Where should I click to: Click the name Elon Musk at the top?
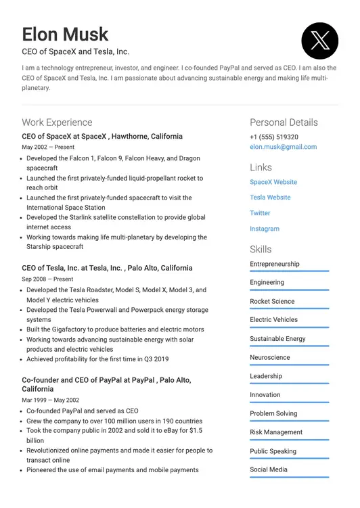pos(65,34)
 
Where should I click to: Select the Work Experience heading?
pos(57,122)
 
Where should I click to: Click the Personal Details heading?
pos(284,122)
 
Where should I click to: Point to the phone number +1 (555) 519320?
pos(273,137)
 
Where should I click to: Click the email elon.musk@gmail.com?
pos(283,147)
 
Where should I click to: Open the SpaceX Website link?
pos(273,182)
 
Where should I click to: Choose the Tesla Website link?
pos(270,198)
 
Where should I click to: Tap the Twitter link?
pos(260,213)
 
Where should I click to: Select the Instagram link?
pos(265,229)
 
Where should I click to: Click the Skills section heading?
pos(261,249)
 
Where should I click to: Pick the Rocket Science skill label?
pos(272,301)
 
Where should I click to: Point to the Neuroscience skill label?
pos(269,357)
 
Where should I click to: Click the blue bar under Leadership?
pos(289,384)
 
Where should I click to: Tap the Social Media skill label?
pos(269,469)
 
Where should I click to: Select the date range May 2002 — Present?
pos(48,147)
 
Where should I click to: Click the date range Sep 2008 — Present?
pos(47,279)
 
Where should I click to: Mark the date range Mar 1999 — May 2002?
pos(50,400)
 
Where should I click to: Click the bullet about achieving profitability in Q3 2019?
pos(97,359)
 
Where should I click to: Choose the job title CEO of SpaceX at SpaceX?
pos(102,136)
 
